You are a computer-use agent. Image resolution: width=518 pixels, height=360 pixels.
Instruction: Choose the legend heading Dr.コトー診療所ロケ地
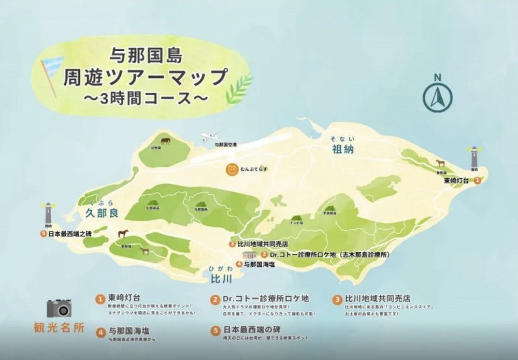(x=265, y=299)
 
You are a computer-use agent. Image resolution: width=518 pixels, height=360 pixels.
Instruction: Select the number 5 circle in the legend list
(x=214, y=329)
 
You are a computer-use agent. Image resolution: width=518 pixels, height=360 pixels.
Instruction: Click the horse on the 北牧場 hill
(x=165, y=140)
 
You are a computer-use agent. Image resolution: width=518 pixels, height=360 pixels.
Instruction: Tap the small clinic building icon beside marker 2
(x=250, y=255)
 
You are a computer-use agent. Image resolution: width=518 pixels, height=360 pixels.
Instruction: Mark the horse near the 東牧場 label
(x=440, y=162)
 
